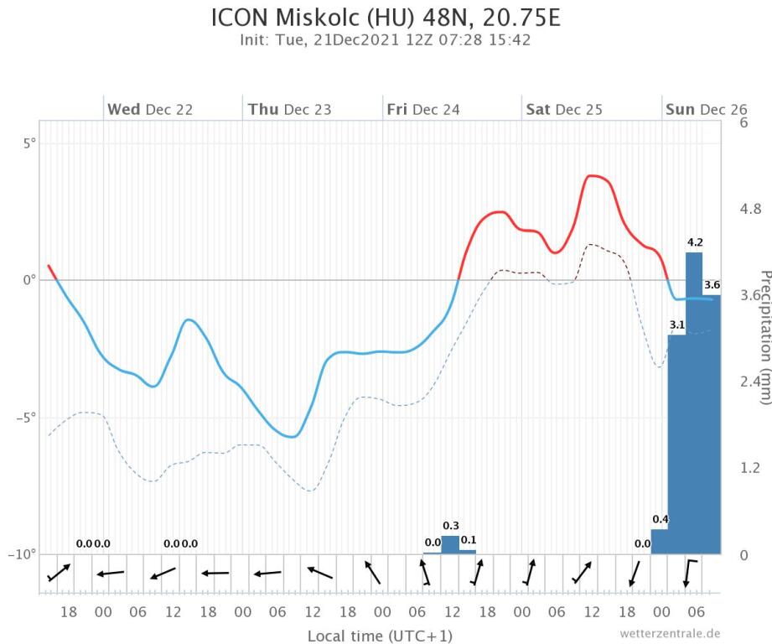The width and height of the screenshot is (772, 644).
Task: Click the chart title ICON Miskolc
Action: [x=386, y=18]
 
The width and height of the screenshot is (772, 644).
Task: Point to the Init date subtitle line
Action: [x=386, y=39]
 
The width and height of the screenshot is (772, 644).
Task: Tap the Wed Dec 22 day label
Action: [x=151, y=109]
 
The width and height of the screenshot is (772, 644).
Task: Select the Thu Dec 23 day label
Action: [x=289, y=109]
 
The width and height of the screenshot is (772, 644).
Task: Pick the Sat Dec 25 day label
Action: [x=563, y=109]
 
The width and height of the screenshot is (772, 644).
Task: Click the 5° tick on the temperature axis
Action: [x=29, y=143]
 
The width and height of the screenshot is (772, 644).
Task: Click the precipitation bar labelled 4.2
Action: [x=694, y=402]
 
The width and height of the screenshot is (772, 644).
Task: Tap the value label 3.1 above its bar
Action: [x=677, y=325]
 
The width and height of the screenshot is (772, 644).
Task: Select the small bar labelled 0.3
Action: [x=450, y=544]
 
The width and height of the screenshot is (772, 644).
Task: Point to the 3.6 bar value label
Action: [x=712, y=284]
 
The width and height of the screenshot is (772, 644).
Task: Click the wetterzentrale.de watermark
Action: [x=671, y=633]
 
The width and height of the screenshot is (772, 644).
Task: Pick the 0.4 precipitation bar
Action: [x=660, y=542]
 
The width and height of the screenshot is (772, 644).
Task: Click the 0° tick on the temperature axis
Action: [x=29, y=280]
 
